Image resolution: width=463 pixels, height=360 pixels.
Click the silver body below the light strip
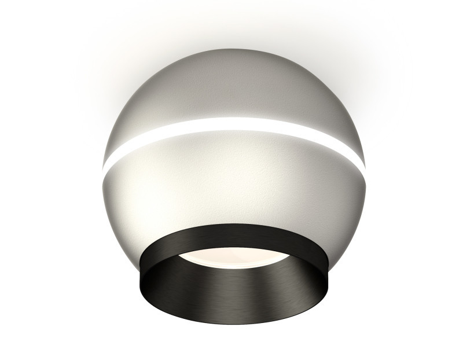pos(231,179)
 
